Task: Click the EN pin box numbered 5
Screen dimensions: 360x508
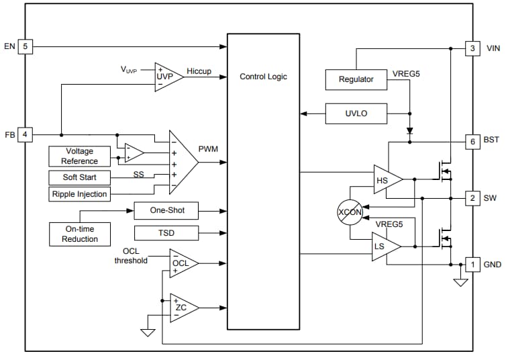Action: tap(25, 47)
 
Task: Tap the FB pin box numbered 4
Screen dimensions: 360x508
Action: tap(25, 134)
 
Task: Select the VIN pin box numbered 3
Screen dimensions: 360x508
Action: tap(472, 48)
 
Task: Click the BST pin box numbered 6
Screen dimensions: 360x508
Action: tap(472, 142)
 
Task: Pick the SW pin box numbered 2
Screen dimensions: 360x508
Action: tap(472, 198)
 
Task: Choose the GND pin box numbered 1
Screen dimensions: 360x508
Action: tap(472, 265)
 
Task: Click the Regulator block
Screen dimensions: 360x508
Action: tap(356, 79)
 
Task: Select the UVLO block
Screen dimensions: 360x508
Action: tap(356, 114)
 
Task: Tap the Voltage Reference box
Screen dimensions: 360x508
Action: tap(79, 156)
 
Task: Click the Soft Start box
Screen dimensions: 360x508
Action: tap(79, 177)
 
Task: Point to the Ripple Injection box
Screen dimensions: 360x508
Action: tap(79, 194)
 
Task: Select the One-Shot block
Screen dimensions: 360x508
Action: tap(166, 210)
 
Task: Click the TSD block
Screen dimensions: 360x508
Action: tap(166, 233)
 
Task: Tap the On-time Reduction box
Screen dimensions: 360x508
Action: tap(79, 234)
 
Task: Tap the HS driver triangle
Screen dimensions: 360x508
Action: tap(385, 179)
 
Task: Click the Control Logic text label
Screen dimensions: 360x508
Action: tap(263, 77)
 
